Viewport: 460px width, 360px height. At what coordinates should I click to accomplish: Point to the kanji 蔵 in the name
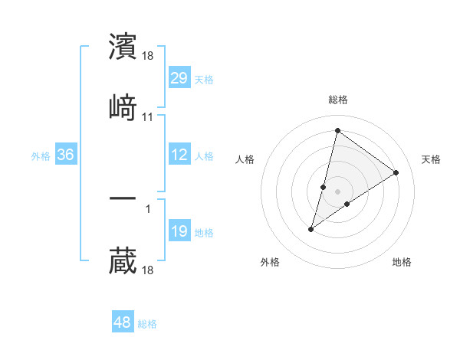point(123,260)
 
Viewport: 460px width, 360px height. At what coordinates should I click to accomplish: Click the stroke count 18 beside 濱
point(148,56)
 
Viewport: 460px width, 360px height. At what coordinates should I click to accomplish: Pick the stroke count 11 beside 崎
point(148,116)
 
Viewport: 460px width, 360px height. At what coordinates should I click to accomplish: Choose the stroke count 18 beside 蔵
point(148,270)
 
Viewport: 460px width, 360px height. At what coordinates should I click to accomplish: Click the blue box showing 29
point(179,77)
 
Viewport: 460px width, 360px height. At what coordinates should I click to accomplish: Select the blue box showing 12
point(179,155)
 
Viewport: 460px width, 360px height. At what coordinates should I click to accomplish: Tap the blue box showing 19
point(179,231)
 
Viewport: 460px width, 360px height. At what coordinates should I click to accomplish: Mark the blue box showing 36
point(66,155)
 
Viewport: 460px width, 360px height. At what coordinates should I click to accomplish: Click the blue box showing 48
point(123,322)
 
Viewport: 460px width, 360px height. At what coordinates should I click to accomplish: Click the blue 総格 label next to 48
point(147,324)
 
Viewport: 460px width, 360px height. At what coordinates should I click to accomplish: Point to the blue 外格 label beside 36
point(41,156)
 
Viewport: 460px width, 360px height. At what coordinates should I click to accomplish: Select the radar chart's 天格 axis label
point(431,159)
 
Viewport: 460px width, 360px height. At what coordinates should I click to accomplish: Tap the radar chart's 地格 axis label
point(402,263)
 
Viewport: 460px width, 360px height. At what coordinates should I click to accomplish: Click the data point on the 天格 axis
point(396,172)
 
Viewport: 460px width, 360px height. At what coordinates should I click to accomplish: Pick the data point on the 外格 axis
point(311,229)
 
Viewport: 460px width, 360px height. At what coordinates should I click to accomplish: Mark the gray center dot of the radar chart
point(338,191)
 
